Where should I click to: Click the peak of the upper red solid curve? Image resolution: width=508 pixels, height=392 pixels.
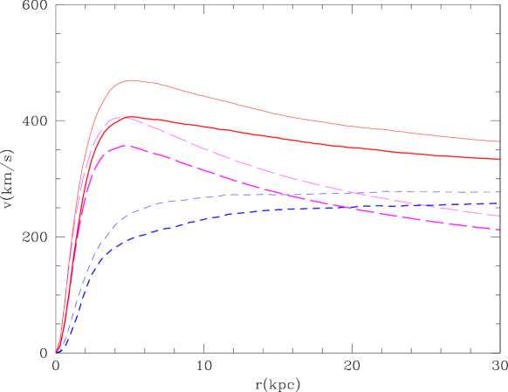tap(132, 80)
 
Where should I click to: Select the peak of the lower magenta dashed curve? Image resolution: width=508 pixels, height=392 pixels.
tap(127, 145)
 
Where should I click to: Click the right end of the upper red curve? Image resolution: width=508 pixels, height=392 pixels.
tap(498, 141)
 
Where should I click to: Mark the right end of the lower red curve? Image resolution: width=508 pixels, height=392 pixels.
tap(498, 159)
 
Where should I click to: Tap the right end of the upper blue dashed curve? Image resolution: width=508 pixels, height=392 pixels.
tap(498, 192)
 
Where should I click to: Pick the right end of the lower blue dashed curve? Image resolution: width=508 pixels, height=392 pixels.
tap(498, 203)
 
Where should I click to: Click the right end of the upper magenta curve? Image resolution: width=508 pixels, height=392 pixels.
tap(498, 215)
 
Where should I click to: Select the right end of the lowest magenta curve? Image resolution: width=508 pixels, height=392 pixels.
tap(498, 230)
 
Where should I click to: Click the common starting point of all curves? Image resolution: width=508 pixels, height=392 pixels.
tap(58, 353)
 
